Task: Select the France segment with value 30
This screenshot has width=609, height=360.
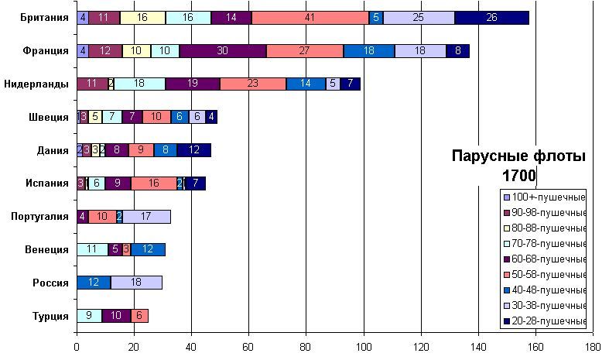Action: pyautogui.click(x=223, y=51)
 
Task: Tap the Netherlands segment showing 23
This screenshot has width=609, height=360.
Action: pyautogui.click(x=253, y=84)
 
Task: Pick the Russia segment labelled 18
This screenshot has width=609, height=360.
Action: pyautogui.click(x=136, y=283)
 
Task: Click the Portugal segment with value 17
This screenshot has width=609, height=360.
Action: pyautogui.click(x=146, y=217)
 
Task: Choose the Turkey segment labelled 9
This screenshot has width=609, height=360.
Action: pyautogui.click(x=89, y=316)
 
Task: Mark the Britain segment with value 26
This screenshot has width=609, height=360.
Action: pyautogui.click(x=491, y=17)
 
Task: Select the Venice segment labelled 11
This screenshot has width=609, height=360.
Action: pyautogui.click(x=92, y=249)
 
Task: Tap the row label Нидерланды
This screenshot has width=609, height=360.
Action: pyautogui.click(x=37, y=84)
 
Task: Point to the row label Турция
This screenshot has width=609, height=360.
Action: pyautogui.click(x=50, y=316)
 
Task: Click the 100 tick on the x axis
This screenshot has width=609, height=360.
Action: pyautogui.click(x=364, y=348)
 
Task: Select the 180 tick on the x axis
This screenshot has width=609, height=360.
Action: pyautogui.click(x=593, y=348)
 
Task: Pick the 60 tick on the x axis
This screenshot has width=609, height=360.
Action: pyautogui.click(x=248, y=348)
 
